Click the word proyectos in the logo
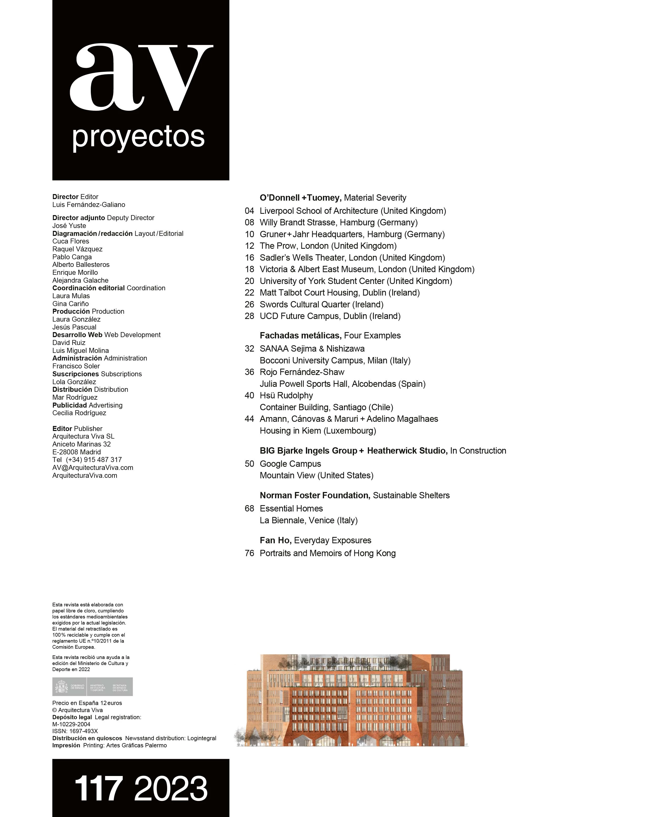click(x=138, y=137)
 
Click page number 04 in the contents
click(x=249, y=211)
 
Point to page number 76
click(x=249, y=553)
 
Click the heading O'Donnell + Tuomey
click(x=300, y=198)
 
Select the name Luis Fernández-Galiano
click(x=89, y=205)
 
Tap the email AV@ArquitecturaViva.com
click(x=93, y=468)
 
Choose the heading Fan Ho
click(x=275, y=540)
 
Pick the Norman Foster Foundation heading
click(x=315, y=495)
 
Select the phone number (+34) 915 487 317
click(x=94, y=460)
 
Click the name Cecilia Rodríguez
click(x=79, y=413)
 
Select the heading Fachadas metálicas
click(x=300, y=336)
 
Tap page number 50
click(x=249, y=464)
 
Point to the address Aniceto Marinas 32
click(x=82, y=444)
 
